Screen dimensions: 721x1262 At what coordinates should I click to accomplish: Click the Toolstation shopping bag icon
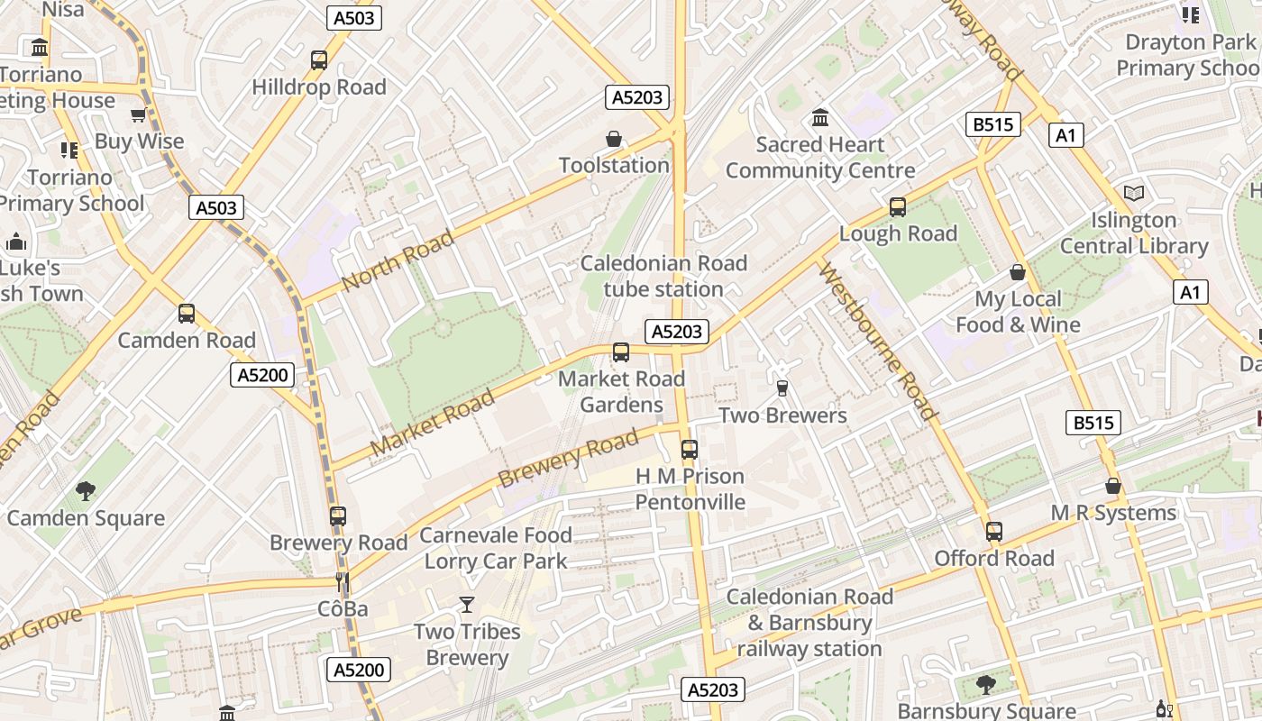pyautogui.click(x=614, y=139)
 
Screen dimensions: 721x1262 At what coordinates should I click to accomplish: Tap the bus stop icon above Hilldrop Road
pyautogui.click(x=319, y=60)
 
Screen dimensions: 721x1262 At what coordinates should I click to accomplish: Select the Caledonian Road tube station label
pyautogui.click(x=663, y=276)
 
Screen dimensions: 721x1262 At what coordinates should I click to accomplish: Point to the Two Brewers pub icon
pyautogui.click(x=782, y=388)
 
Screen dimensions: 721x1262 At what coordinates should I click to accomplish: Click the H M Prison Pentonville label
pyautogui.click(x=690, y=488)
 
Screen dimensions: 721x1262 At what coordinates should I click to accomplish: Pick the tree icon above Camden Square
pyautogui.click(x=86, y=490)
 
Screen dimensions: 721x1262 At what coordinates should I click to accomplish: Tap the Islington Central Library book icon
pyautogui.click(x=1134, y=193)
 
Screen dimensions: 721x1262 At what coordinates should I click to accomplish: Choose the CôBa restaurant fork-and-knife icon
pyautogui.click(x=343, y=582)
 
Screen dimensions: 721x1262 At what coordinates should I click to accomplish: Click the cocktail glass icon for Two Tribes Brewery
pyautogui.click(x=467, y=604)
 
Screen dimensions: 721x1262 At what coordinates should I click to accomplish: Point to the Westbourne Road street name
pyautogui.click(x=876, y=342)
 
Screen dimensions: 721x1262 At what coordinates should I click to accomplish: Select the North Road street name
pyautogui.click(x=398, y=260)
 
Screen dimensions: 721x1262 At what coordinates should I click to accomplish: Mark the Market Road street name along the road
pyautogui.click(x=433, y=422)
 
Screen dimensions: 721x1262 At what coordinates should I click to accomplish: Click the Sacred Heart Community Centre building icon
pyautogui.click(x=820, y=117)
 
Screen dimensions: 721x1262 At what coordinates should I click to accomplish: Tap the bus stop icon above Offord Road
pyautogui.click(x=994, y=532)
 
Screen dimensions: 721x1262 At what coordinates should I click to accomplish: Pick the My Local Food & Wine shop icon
pyautogui.click(x=1018, y=272)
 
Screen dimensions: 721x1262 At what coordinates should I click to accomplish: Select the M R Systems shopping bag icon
pyautogui.click(x=1113, y=486)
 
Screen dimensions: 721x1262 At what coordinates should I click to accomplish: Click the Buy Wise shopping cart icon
pyautogui.click(x=138, y=114)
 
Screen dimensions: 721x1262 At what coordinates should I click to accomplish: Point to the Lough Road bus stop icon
pyautogui.click(x=898, y=206)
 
